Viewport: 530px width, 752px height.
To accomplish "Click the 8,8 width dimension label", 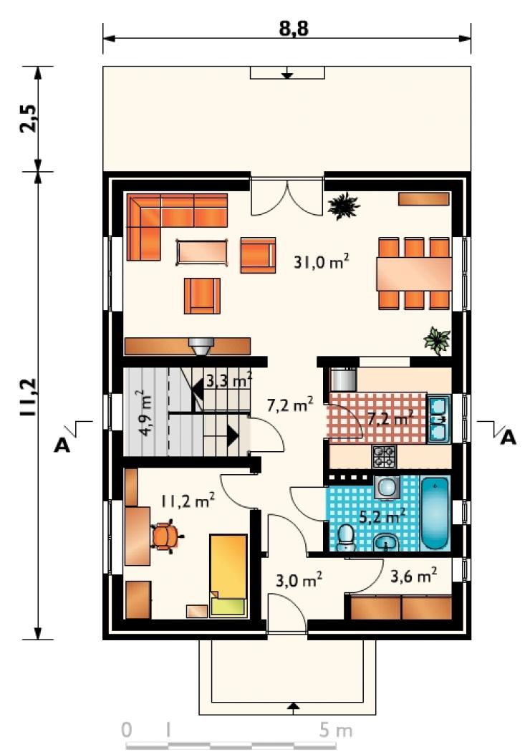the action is point(294,29).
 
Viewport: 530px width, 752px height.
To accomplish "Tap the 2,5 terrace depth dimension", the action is point(28,118).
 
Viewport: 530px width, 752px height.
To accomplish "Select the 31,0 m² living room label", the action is point(321,262).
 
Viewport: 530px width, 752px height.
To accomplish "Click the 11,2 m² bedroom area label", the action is point(187,501).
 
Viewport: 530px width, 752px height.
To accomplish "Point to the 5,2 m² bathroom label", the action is point(382,516).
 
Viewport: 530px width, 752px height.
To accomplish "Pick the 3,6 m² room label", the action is point(413,575).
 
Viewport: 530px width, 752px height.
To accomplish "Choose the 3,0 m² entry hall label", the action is point(299,580).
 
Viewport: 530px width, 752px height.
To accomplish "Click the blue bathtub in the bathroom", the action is point(435,514).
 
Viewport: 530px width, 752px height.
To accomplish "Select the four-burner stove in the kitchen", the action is point(384,456).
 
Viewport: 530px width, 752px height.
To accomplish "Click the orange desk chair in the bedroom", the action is point(166,536).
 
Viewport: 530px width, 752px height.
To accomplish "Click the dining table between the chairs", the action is point(413,274).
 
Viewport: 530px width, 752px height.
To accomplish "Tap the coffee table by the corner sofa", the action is point(202,251).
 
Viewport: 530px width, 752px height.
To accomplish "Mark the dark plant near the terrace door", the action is point(343,206).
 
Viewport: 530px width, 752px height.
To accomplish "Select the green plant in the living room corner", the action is point(437,340).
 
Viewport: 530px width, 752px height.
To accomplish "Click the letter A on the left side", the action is point(62,445).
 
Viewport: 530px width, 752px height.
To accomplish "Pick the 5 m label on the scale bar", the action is point(336,731).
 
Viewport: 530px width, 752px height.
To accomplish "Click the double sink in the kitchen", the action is point(438,419).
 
